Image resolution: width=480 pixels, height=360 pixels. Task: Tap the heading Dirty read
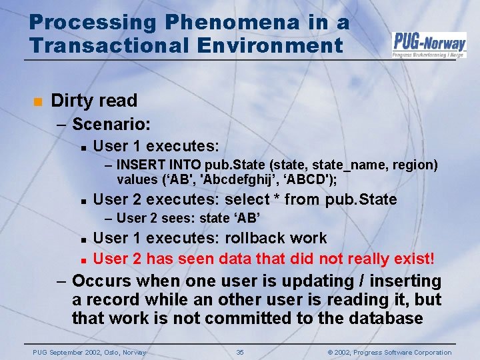coord(94,101)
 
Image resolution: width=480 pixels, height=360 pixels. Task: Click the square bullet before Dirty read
coord(37,101)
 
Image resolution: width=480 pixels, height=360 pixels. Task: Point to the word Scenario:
coord(111,124)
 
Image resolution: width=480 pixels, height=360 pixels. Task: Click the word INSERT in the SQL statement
coord(137,165)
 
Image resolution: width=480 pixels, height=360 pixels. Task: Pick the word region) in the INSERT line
coord(415,165)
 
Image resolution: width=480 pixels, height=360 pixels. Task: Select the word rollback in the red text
coord(255,238)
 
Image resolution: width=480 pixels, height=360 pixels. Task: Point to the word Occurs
coord(100,281)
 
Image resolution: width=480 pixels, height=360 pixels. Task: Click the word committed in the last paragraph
coord(254,318)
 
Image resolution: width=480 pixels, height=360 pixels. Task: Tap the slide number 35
coord(240,352)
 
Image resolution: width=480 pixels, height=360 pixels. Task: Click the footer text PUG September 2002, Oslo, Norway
coord(89,352)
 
